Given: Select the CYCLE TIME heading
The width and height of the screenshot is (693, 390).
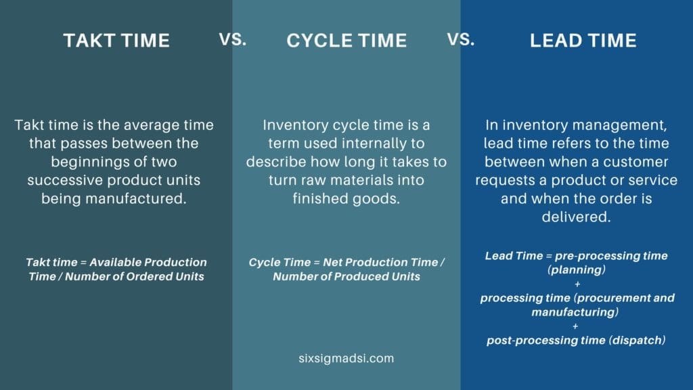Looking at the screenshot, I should pos(346,41).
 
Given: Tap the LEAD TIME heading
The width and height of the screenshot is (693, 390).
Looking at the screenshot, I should pos(583,41).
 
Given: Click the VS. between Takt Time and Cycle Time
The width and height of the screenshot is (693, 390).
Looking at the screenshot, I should pos(232,39).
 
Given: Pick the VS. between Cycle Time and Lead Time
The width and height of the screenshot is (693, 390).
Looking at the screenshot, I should pos(460,39).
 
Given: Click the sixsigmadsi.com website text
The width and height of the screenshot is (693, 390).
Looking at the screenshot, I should pos(346,358).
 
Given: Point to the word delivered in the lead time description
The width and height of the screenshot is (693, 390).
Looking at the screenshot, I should pos(576,217).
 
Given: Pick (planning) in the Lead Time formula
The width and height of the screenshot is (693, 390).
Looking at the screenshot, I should pos(577,269).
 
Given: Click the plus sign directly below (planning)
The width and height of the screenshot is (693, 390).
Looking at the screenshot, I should pos(577,284).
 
